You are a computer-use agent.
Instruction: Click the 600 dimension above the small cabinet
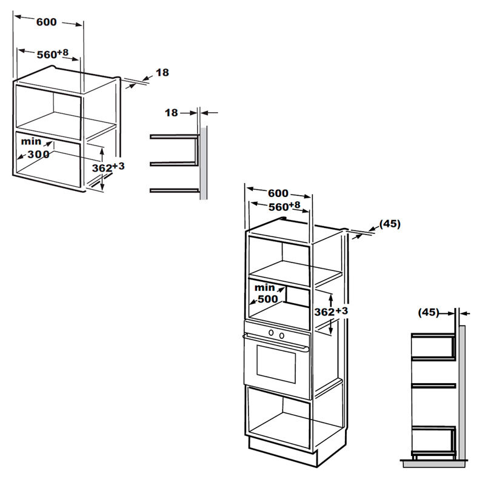coord(47,22)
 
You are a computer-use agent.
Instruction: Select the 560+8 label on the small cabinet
coord(53,54)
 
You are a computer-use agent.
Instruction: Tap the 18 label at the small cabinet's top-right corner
coord(162,72)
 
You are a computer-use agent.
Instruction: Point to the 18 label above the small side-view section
coord(172,113)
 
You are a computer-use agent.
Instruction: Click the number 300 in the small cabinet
coord(38,154)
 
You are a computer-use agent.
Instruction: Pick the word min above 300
coord(31,141)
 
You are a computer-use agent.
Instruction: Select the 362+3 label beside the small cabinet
coord(109,167)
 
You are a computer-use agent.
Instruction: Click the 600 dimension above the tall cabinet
coord(278,193)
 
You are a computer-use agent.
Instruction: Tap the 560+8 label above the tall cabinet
coord(284,206)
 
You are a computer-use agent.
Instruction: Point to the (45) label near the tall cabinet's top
coord(390,224)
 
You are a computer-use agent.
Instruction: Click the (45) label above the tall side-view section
coord(429,312)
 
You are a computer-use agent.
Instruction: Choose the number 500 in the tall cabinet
coord(268,299)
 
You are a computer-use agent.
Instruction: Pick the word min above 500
coord(264,287)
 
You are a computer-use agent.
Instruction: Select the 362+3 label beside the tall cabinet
coord(331,312)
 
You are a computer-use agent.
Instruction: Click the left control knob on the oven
coord(271,333)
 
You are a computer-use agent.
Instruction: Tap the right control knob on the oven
coord(282,335)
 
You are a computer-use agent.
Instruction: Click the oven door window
coord(276,364)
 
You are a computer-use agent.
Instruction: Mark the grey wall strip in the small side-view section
coord(204,163)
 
